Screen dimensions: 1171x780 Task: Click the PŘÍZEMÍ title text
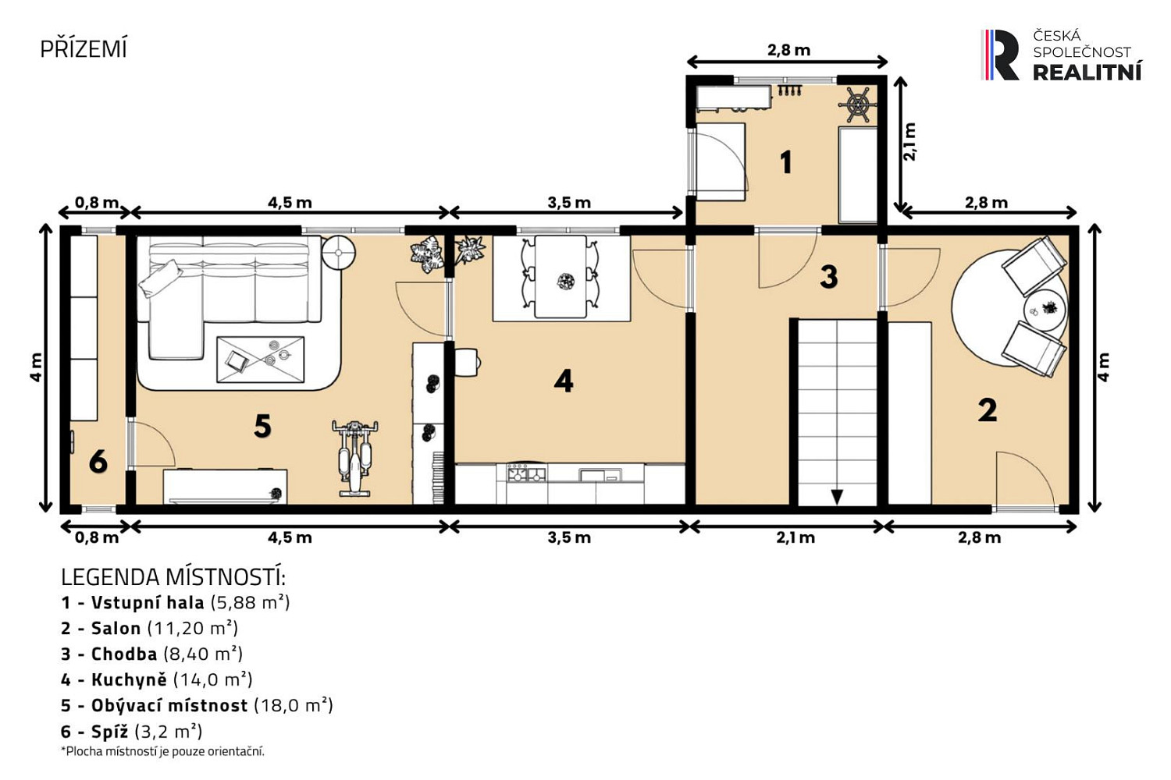(x=83, y=49)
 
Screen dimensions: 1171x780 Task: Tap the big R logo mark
(x=1001, y=55)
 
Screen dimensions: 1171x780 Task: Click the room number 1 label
(x=785, y=162)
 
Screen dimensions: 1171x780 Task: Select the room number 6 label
(x=98, y=462)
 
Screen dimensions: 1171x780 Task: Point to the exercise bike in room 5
(x=355, y=458)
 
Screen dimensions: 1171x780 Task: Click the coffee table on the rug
(x=260, y=360)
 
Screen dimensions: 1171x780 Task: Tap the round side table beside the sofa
(x=338, y=253)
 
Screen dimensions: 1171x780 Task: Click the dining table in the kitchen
(x=561, y=276)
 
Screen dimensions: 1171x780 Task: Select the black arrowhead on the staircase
(x=837, y=496)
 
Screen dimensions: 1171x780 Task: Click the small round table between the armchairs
(x=1045, y=310)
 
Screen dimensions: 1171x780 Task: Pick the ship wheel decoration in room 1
(x=858, y=105)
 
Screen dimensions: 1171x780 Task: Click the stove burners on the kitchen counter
(x=526, y=474)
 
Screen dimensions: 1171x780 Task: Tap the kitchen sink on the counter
(x=600, y=475)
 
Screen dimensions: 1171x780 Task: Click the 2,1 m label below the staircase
(x=795, y=537)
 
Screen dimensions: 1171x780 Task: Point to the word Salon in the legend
(x=116, y=628)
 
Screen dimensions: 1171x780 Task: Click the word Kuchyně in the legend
(x=129, y=679)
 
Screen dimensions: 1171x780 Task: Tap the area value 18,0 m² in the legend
(x=294, y=705)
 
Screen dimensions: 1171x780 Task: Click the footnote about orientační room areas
(x=162, y=752)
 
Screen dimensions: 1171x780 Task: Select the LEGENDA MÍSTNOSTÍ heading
(x=173, y=578)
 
